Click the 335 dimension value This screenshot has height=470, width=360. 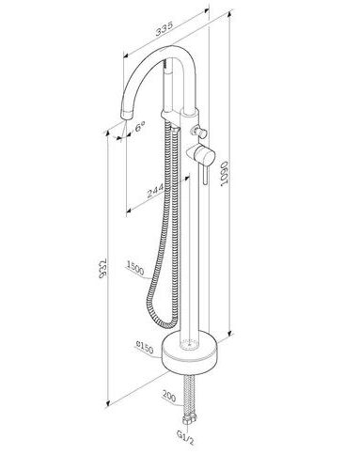[x=164, y=29]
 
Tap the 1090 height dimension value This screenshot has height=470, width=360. [x=226, y=174]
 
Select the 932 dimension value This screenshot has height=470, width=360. [x=103, y=269]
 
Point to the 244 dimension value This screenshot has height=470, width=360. [x=155, y=191]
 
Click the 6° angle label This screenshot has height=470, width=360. [x=140, y=127]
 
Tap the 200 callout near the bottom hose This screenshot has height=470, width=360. [x=169, y=396]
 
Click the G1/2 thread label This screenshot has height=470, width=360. [x=185, y=437]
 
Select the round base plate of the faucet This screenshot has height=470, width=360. [x=189, y=351]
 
